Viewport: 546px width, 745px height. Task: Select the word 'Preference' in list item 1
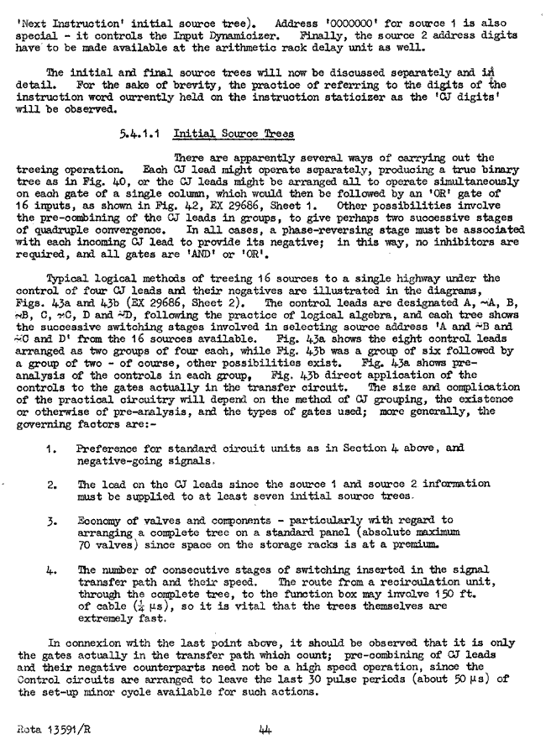[x=107, y=449]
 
